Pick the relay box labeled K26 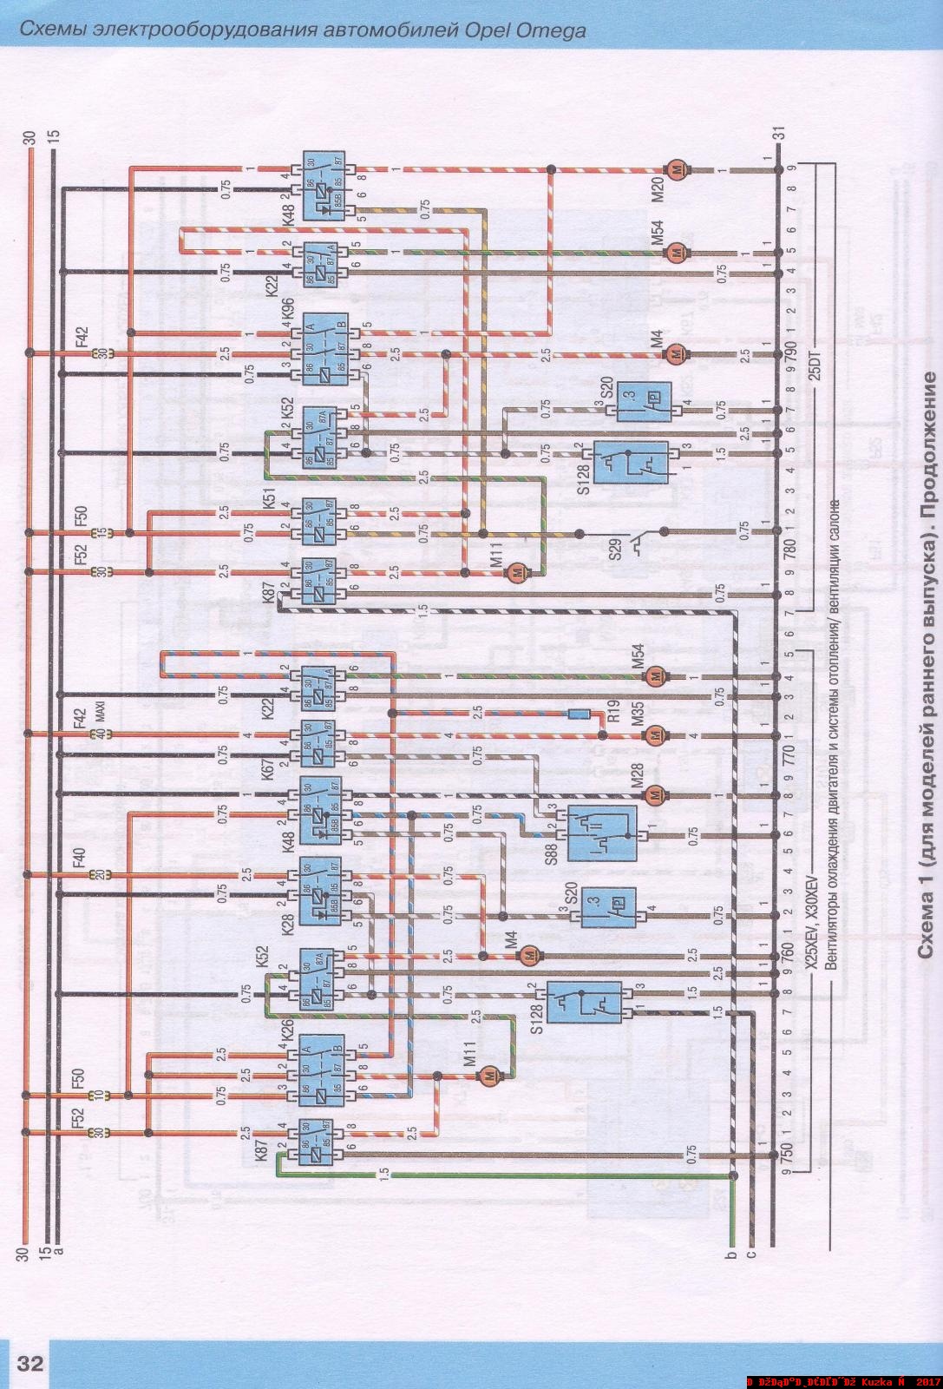[322, 1070]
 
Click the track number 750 [788, 1151]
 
